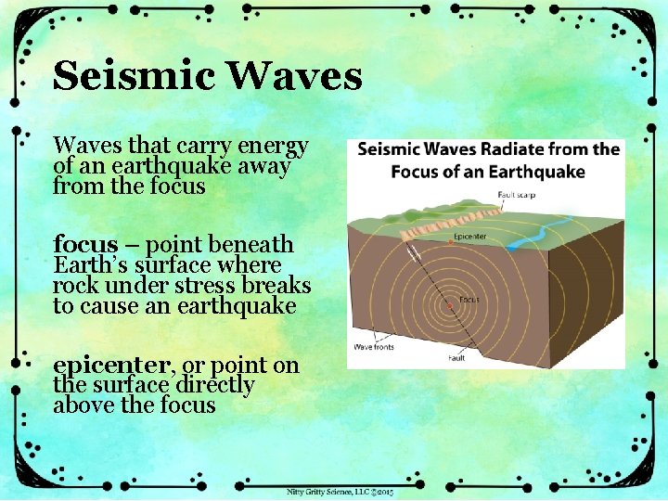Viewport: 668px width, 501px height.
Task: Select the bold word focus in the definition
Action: tap(85, 245)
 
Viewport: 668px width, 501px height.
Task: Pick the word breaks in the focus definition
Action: tap(277, 286)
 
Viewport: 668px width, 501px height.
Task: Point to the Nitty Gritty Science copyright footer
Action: tap(340, 491)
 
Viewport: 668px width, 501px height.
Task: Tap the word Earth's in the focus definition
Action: tap(89, 265)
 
